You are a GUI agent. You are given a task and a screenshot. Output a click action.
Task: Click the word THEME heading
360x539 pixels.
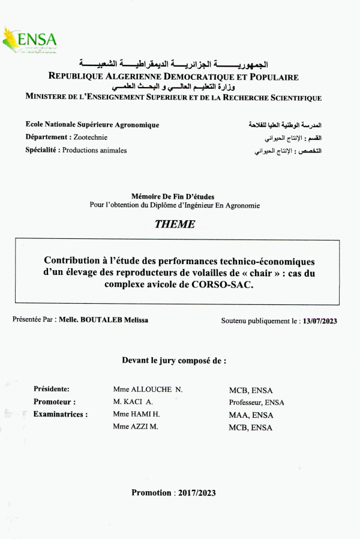(x=175, y=224)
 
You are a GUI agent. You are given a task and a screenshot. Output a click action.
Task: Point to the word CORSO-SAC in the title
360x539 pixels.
(x=227, y=285)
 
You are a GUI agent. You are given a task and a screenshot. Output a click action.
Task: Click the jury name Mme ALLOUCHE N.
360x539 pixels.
(x=148, y=389)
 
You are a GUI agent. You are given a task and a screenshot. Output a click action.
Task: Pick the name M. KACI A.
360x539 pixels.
(x=133, y=402)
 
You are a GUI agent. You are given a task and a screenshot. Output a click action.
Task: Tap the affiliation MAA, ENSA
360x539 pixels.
(x=251, y=415)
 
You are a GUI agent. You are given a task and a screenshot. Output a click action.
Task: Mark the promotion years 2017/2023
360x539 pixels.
(x=196, y=493)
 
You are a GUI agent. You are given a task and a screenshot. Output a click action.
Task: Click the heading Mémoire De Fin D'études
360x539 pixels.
(x=172, y=196)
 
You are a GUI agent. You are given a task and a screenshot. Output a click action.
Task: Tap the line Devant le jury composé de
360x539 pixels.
(x=175, y=361)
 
